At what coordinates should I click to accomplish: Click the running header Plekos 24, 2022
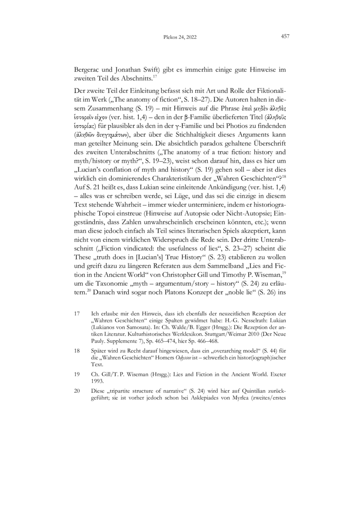tap(178, 37)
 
